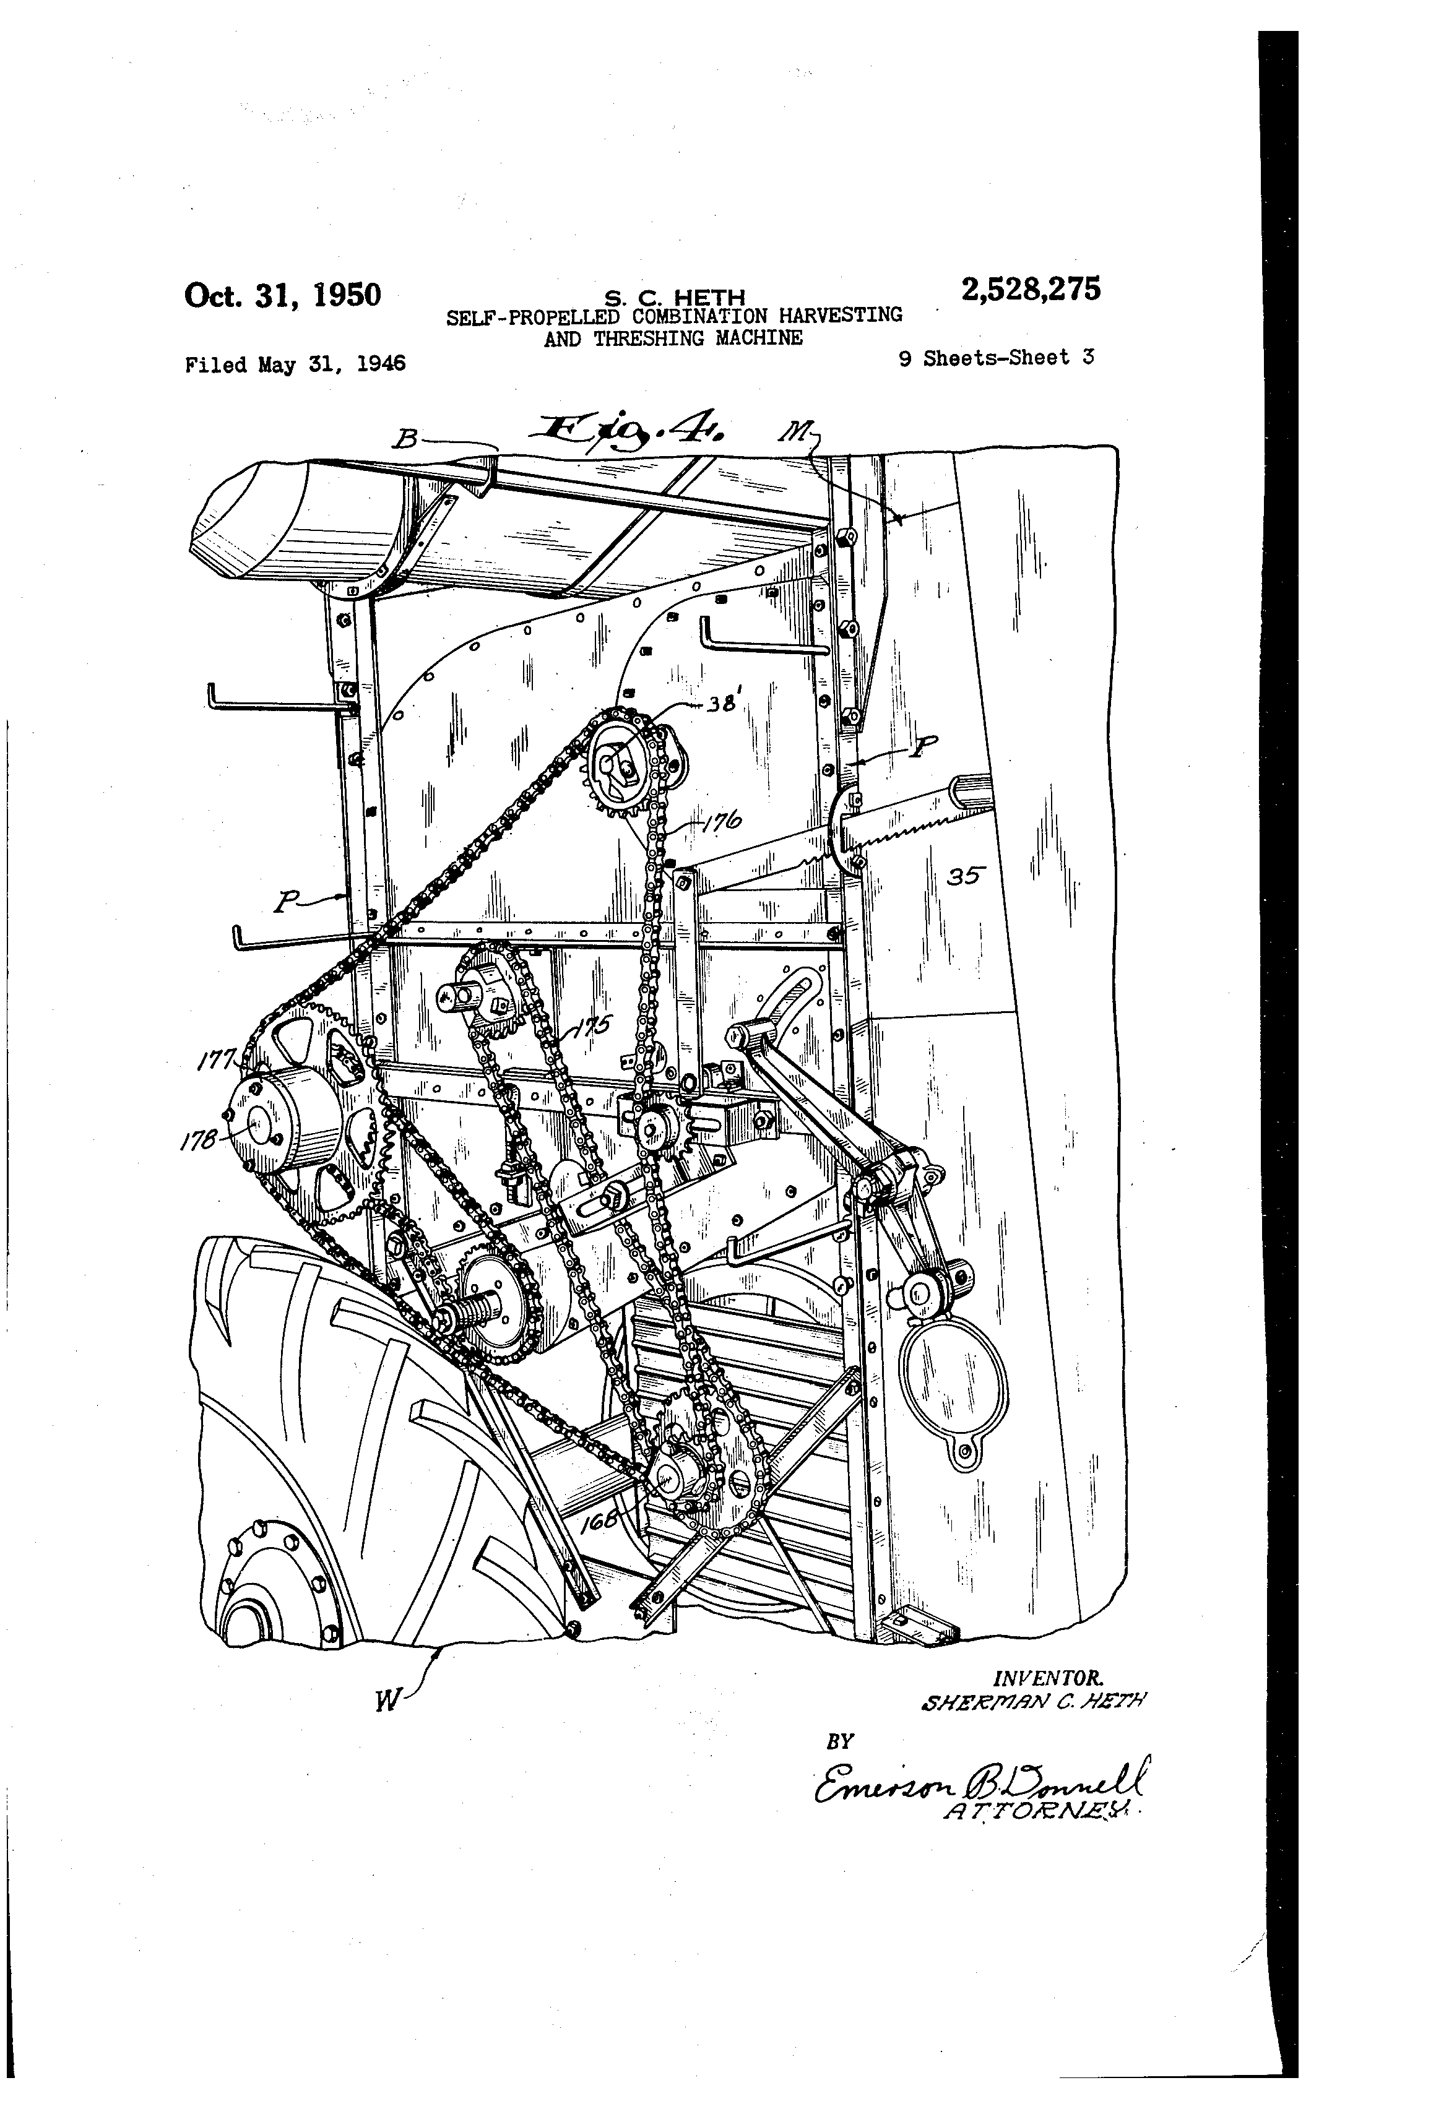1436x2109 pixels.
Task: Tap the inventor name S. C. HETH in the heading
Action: [675, 298]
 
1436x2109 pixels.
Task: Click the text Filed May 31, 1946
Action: [295, 365]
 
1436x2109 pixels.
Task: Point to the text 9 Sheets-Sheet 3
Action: [996, 358]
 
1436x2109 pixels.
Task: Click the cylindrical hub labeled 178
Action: [283, 1122]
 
